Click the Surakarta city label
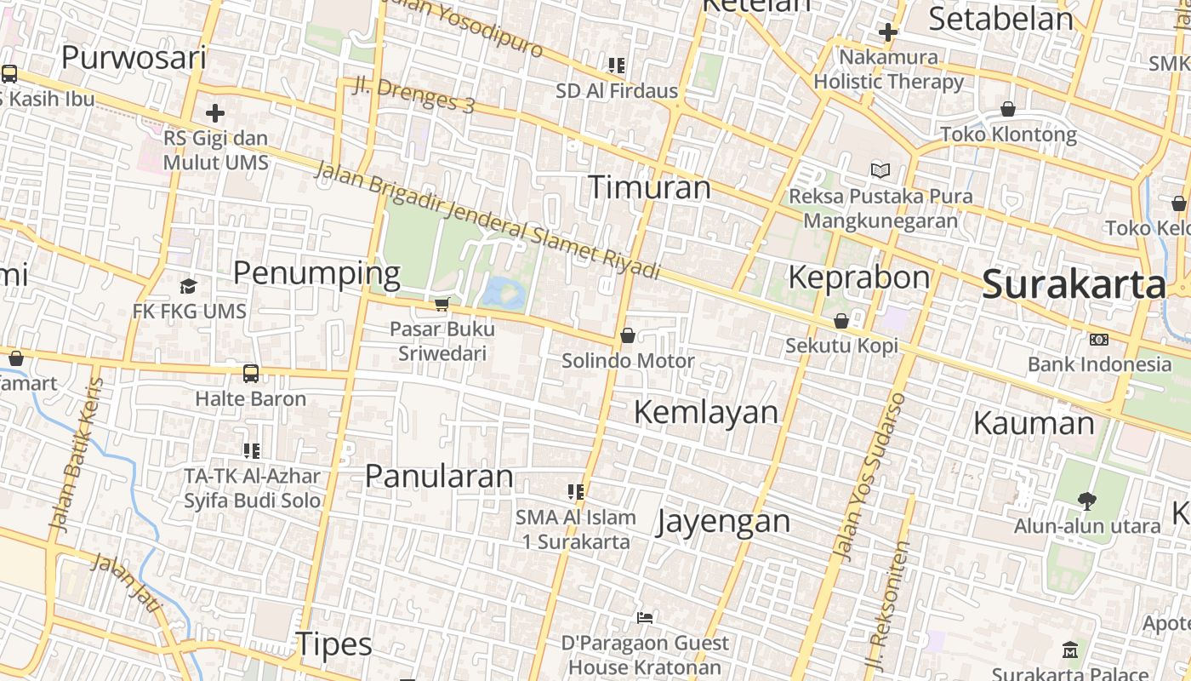click(1074, 285)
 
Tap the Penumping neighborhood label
click(316, 274)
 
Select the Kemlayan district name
click(706, 412)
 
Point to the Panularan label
click(439, 476)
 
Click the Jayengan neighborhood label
click(723, 521)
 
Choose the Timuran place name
click(649, 187)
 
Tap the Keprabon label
click(859, 277)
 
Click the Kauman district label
click(1033, 423)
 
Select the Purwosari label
click(134, 58)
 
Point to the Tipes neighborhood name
click(333, 645)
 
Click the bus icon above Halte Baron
click(251, 373)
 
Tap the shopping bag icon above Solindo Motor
click(628, 335)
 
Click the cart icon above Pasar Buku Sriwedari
click(442, 304)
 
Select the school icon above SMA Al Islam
click(576, 491)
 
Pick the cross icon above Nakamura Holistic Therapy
click(888, 32)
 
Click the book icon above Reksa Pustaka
click(880, 170)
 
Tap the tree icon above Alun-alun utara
click(1086, 501)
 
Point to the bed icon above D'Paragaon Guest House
click(645, 617)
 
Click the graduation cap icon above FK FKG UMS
click(188, 286)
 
